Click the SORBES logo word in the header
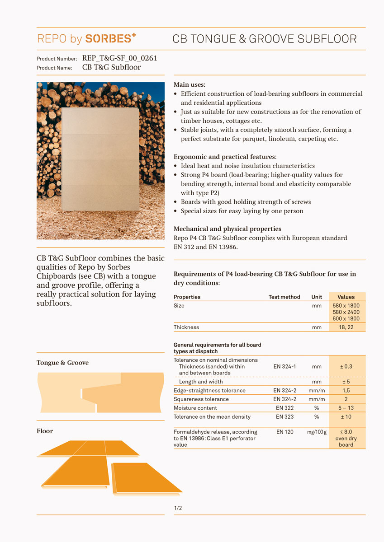point(110,39)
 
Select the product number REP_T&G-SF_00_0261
point(120,58)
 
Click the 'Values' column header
point(346,297)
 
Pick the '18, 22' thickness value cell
point(346,327)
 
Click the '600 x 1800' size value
point(346,318)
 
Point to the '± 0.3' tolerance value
point(346,366)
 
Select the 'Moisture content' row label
point(195,408)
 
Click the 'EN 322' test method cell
point(285,408)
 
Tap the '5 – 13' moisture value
point(346,408)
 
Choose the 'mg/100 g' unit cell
point(317,432)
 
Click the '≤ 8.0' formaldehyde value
point(346,432)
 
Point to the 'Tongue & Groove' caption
point(62,363)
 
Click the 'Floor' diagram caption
point(45,431)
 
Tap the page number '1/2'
point(178,508)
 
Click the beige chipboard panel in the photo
point(100,159)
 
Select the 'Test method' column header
point(284,297)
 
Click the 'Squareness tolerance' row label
point(201,399)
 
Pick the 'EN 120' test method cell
point(285,432)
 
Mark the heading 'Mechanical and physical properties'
point(227,229)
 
